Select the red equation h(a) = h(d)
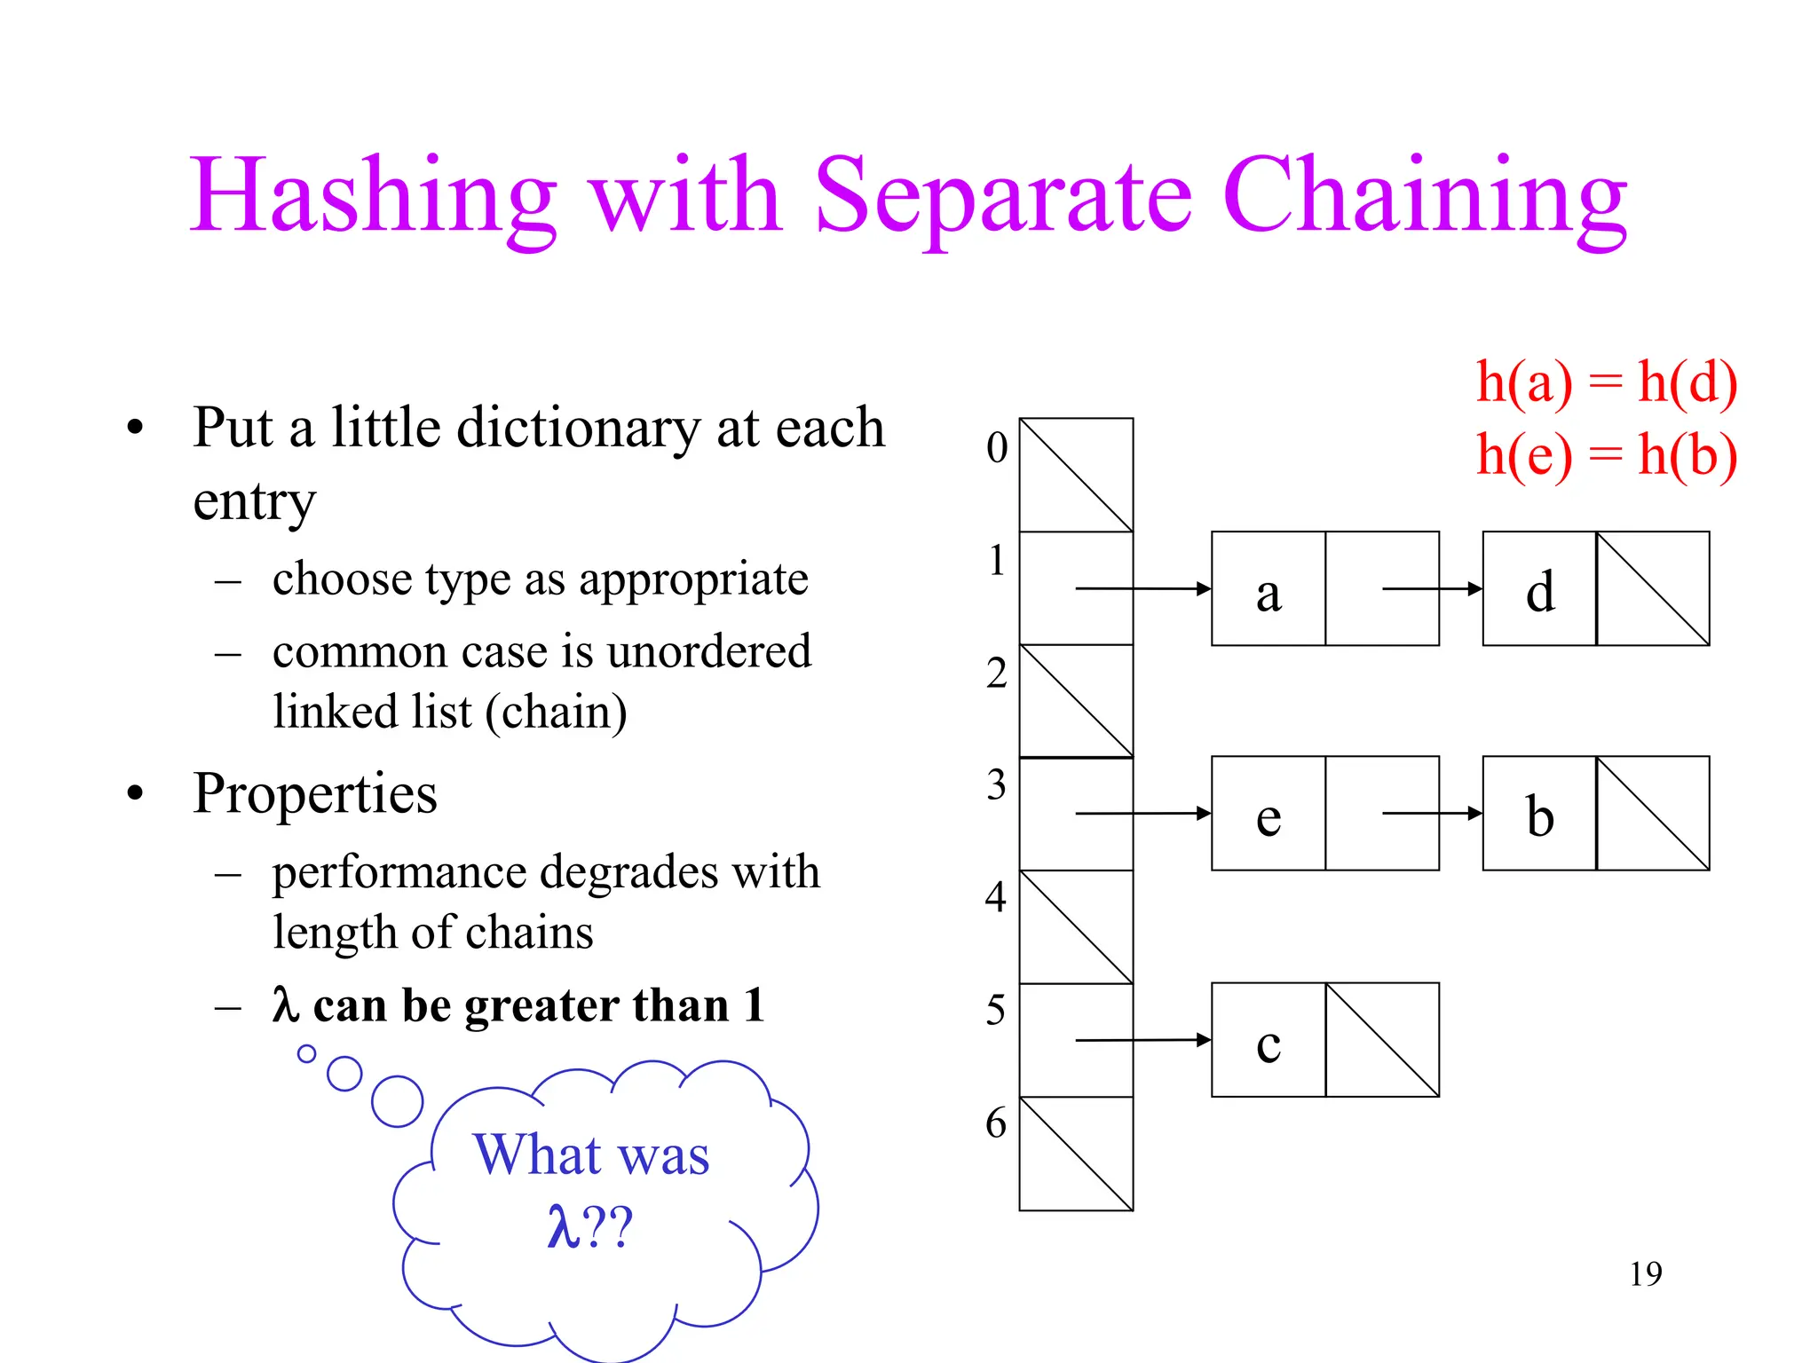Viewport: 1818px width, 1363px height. (1606, 383)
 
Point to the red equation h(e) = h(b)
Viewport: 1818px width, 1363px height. (1606, 455)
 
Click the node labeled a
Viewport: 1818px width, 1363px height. (1269, 590)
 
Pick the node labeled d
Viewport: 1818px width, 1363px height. (1540, 590)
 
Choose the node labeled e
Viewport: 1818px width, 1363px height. (1269, 815)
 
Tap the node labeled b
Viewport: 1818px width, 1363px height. (1540, 815)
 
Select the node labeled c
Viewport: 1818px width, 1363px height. (1269, 1042)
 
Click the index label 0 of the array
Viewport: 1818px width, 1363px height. (997, 447)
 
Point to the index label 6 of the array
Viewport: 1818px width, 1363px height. (996, 1123)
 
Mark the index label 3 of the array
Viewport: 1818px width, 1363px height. (996, 785)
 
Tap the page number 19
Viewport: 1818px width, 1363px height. (1645, 1274)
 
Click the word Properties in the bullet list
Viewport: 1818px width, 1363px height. (315, 793)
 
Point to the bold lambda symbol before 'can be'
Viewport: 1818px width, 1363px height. (285, 1005)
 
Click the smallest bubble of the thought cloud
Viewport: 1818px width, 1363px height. (306, 1053)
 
